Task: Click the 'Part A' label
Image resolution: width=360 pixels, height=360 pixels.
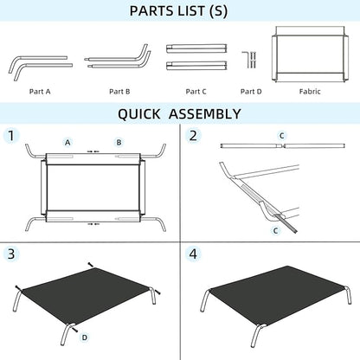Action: click(40, 92)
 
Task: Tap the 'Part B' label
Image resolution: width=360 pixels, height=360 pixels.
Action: click(119, 92)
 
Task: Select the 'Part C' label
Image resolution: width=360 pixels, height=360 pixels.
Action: click(196, 92)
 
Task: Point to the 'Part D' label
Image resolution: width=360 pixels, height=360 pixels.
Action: click(251, 92)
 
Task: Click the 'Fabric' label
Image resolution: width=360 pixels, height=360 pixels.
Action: click(310, 92)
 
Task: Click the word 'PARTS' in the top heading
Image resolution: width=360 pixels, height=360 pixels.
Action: click(152, 11)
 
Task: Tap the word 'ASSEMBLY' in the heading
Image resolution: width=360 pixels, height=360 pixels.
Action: click(204, 113)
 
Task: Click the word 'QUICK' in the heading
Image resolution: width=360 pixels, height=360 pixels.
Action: click(138, 113)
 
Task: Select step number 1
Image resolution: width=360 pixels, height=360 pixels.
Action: click(11, 136)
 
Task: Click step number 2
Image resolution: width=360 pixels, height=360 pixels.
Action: click(193, 136)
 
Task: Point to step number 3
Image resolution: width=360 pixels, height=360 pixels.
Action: click(11, 254)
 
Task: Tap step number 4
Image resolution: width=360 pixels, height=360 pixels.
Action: click(193, 254)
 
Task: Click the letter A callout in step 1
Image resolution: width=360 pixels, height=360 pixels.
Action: click(67, 143)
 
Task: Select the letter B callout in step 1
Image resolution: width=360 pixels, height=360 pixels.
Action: click(119, 143)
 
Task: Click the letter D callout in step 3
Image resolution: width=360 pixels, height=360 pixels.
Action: click(85, 337)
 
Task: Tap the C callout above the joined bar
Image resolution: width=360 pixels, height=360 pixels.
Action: click(282, 136)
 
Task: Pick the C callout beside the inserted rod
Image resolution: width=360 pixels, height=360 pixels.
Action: click(276, 230)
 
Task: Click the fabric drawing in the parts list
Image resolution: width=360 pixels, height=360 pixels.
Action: click(310, 55)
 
